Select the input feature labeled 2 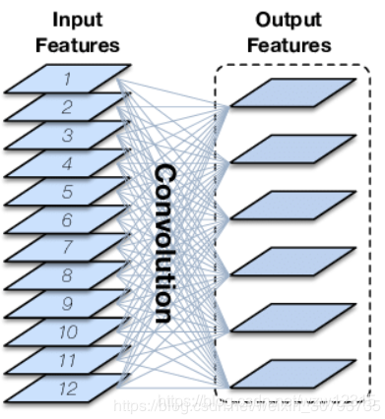pyautogui.click(x=68, y=106)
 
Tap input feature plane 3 pyautogui.click(x=68, y=135)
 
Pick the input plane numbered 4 pyautogui.click(x=68, y=163)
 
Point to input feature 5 pyautogui.click(x=68, y=192)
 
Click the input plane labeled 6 pyautogui.click(x=68, y=220)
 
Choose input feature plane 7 pyautogui.click(x=68, y=248)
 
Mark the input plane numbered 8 pyautogui.click(x=68, y=276)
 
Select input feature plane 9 pyautogui.click(x=68, y=305)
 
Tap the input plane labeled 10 pyautogui.click(x=68, y=332)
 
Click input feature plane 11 pyautogui.click(x=68, y=361)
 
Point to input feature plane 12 pyautogui.click(x=68, y=389)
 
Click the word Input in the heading pyautogui.click(x=76, y=21)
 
